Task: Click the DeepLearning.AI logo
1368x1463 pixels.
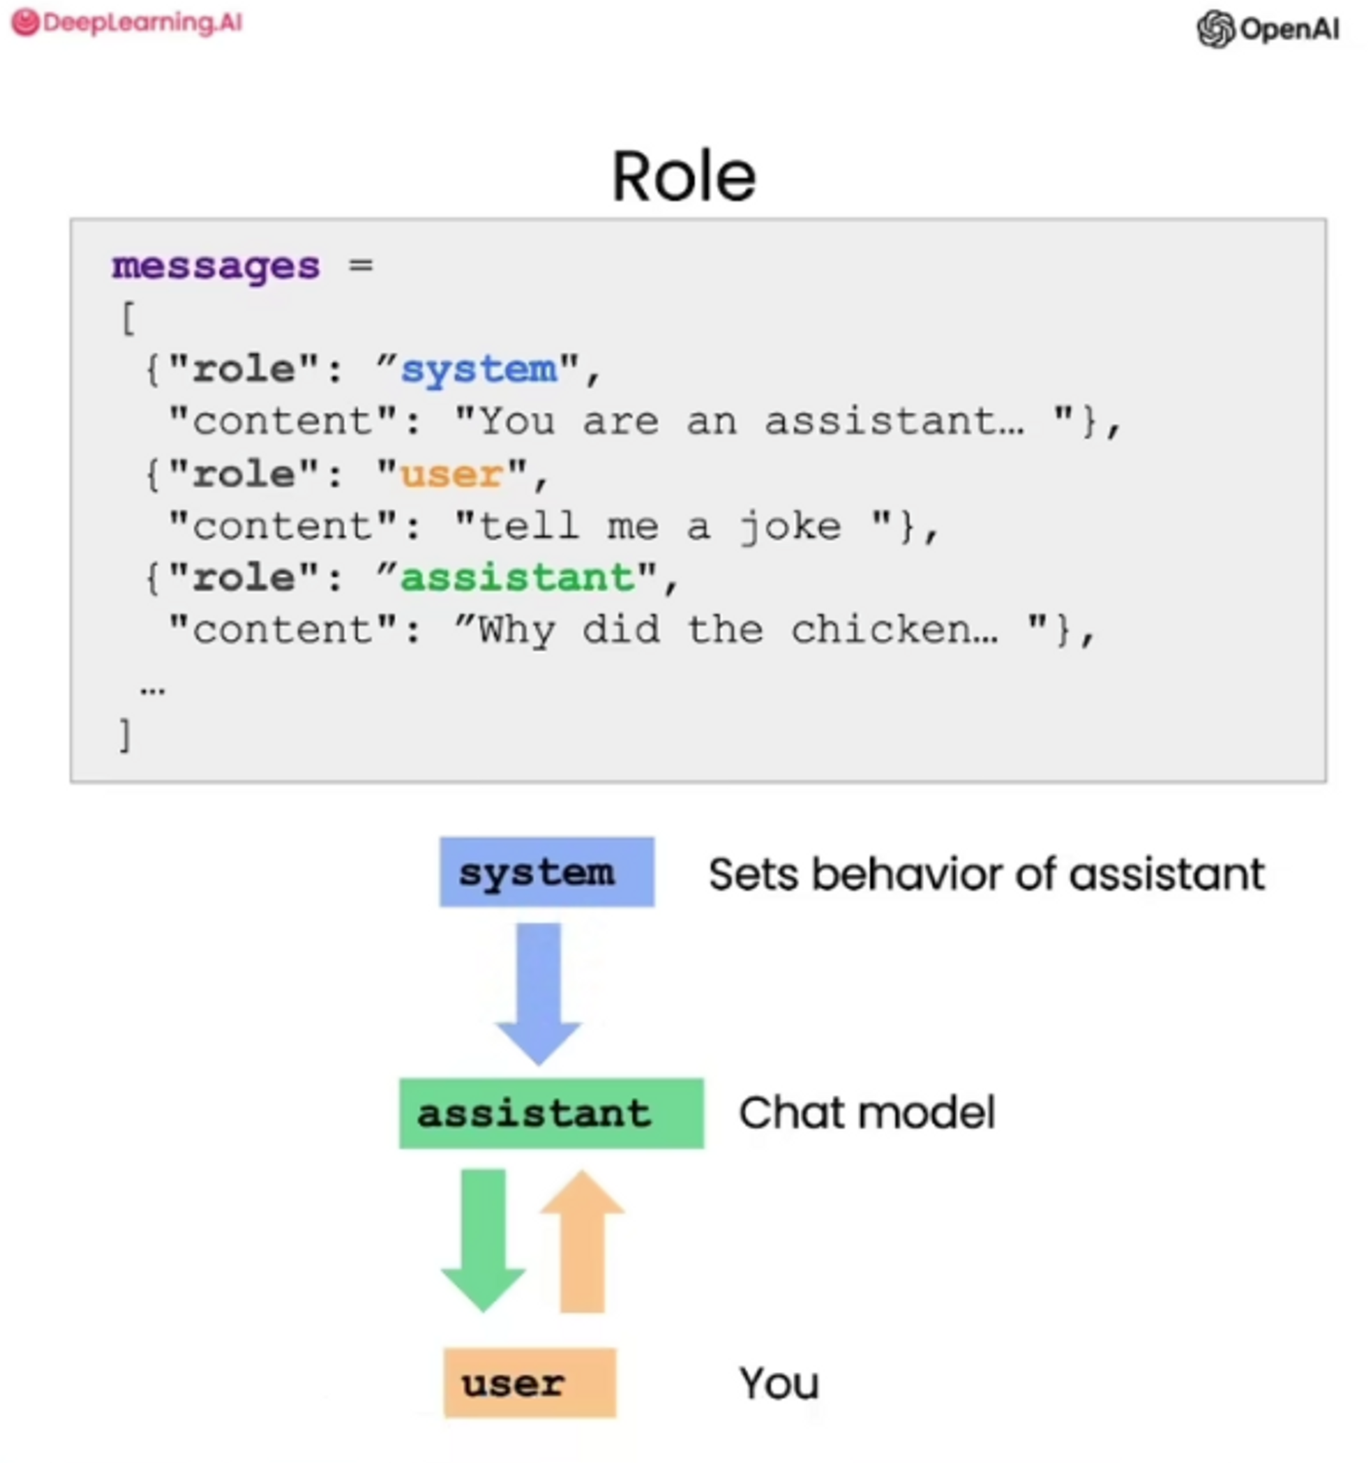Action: tap(127, 23)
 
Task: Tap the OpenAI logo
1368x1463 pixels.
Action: tap(1268, 29)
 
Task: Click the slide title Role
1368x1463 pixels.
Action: tap(683, 176)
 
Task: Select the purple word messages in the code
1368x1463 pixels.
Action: tap(215, 266)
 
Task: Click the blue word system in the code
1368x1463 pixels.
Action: tap(478, 369)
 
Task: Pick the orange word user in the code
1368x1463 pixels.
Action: tap(452, 475)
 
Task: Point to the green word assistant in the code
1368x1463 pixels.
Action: tap(517, 579)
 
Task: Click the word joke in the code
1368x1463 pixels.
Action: tap(789, 527)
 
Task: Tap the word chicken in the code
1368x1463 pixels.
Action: tap(894, 631)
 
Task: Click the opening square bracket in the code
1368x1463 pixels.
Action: tap(128, 318)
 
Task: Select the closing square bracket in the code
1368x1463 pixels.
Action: tap(125, 735)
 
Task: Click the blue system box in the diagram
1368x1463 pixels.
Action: tap(547, 872)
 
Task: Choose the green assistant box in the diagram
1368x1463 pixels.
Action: tap(551, 1113)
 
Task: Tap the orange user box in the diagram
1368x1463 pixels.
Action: tap(530, 1383)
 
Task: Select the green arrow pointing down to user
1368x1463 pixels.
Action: tap(484, 1237)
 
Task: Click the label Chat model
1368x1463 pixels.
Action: tap(866, 1113)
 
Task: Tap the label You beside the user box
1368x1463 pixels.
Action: tap(778, 1383)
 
